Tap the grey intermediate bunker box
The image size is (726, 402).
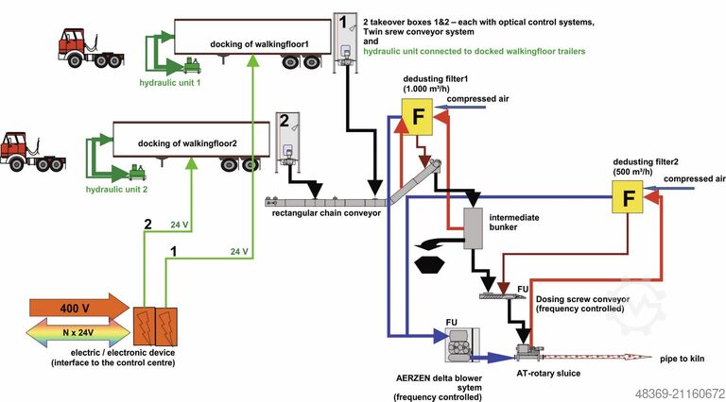point(473,226)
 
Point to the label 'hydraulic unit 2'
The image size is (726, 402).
point(117,189)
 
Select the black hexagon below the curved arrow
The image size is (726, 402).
point(431,263)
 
